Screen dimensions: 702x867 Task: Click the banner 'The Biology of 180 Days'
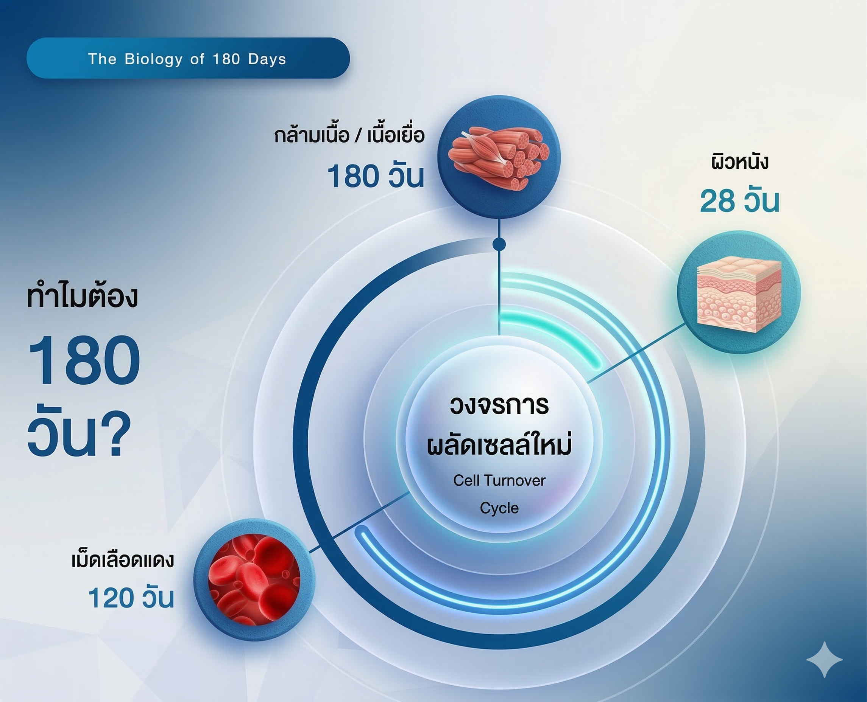[x=188, y=58]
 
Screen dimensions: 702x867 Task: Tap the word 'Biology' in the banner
[x=153, y=59]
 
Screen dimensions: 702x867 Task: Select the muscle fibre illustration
[x=499, y=157]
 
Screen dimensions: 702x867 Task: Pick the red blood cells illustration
[x=254, y=579]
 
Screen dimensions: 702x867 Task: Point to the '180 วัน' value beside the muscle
[x=375, y=177]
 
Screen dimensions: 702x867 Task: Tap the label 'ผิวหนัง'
[x=739, y=162]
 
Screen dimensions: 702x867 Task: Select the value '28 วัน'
[x=739, y=201]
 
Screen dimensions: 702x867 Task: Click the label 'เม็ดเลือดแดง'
[x=123, y=560]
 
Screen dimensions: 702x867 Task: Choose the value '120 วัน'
[x=131, y=598]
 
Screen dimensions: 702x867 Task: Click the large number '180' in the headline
[x=84, y=360]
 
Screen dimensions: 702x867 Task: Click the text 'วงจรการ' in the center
[x=499, y=405]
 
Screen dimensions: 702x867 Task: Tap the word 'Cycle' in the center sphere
[x=499, y=508]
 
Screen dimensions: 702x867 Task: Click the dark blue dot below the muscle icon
[x=499, y=244]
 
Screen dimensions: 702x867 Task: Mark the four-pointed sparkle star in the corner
[x=824, y=659]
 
